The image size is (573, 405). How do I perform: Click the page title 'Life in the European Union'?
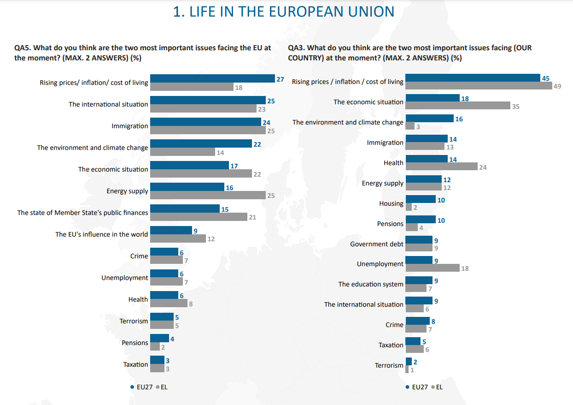pyautogui.click(x=284, y=12)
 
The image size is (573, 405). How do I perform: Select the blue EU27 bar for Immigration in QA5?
pyautogui.click(x=206, y=122)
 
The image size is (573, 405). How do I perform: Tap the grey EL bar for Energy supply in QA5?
pyautogui.click(x=208, y=195)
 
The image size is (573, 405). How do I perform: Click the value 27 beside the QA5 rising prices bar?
pyautogui.click(x=280, y=79)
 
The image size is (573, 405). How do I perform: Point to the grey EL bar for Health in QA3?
pyautogui.click(x=442, y=166)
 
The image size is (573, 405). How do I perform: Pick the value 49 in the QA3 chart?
pyautogui.click(x=557, y=86)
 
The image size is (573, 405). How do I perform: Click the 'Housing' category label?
pyautogui.click(x=391, y=203)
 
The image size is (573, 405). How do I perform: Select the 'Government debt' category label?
pyautogui.click(x=376, y=244)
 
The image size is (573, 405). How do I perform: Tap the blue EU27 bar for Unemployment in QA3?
pyautogui.click(x=419, y=260)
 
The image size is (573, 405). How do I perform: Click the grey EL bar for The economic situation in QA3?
pyautogui.click(x=458, y=106)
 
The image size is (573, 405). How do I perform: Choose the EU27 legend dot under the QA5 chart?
pyautogui.click(x=132, y=387)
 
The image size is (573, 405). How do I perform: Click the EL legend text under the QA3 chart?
pyautogui.click(x=439, y=387)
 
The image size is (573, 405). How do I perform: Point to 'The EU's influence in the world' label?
pyautogui.click(x=101, y=234)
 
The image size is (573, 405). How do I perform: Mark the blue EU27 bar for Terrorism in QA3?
pyautogui.click(x=409, y=362)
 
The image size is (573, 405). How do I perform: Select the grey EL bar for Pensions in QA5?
pyautogui.click(x=155, y=346)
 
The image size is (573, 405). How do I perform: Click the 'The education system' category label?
pyautogui.click(x=371, y=284)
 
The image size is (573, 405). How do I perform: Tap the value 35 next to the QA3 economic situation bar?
pyautogui.click(x=516, y=107)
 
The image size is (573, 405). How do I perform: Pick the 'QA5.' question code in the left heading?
pyautogui.click(x=23, y=48)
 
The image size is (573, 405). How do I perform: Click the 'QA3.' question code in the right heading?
pyautogui.click(x=297, y=48)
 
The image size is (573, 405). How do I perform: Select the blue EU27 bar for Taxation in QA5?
pyautogui.click(x=158, y=360)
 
